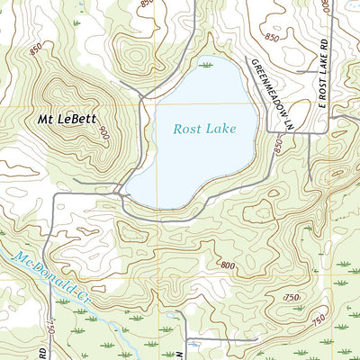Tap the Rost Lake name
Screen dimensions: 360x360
[204, 129]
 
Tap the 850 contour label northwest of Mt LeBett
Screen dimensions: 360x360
[35, 51]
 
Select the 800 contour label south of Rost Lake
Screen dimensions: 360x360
[227, 265]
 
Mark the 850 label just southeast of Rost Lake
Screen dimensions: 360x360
[276, 146]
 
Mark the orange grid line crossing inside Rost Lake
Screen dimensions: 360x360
[157, 106]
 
